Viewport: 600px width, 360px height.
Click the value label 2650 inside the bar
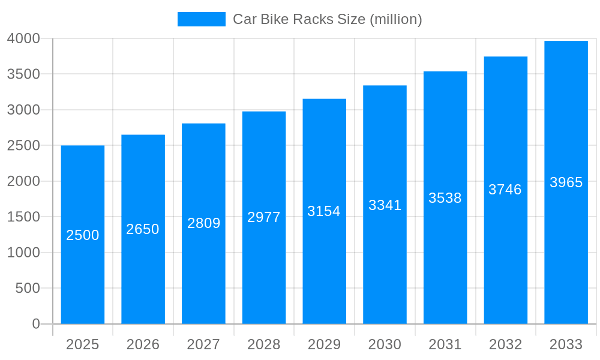point(143,229)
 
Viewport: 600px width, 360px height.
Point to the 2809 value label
point(204,223)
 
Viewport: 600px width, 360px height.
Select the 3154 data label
point(324,211)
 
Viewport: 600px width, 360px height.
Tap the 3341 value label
point(385,205)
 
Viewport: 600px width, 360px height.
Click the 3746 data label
point(505,190)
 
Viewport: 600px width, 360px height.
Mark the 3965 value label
point(566,182)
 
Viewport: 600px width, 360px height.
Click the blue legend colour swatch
point(202,19)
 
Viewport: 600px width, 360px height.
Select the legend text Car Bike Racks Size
point(327,19)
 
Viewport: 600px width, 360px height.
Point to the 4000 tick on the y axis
point(23,38)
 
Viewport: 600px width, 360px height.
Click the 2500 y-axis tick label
point(23,146)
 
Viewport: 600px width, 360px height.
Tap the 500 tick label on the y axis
point(28,288)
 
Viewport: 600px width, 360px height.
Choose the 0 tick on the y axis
point(35,324)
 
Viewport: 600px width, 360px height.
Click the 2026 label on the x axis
point(143,344)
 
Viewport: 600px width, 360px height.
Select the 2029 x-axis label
point(324,344)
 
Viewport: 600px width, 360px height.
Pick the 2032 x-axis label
point(505,344)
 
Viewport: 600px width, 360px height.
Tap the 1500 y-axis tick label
point(23,217)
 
